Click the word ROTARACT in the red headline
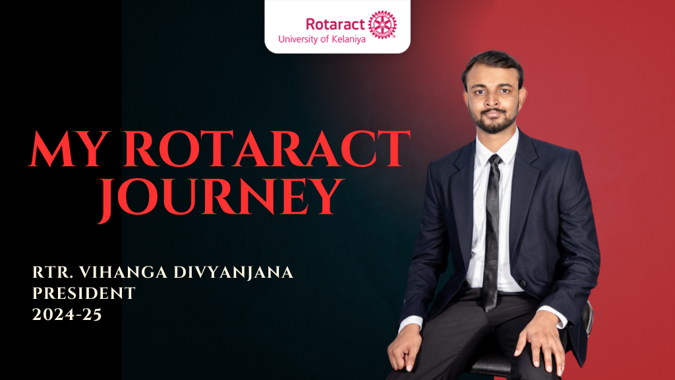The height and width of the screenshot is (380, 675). click(268, 148)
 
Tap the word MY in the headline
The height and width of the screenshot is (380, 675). click(68, 148)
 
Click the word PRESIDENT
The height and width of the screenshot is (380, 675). click(84, 294)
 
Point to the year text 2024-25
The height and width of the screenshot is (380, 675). click(67, 315)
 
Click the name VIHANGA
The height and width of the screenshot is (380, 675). click(123, 272)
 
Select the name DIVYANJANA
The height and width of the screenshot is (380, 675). click(233, 272)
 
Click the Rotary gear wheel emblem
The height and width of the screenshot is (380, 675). click(382, 24)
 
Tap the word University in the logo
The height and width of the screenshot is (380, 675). click(298, 39)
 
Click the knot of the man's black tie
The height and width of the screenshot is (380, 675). click(494, 160)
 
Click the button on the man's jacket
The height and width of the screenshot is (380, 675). click(523, 283)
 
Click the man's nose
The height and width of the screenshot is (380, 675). click(492, 100)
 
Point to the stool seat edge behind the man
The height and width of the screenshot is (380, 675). click(588, 319)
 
